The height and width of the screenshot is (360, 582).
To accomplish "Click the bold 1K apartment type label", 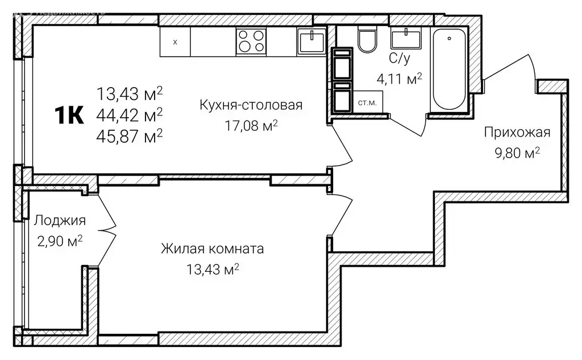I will point(69,115).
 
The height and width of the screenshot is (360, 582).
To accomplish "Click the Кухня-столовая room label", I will point(251,105).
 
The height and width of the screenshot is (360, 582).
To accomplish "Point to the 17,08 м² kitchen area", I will point(251,125).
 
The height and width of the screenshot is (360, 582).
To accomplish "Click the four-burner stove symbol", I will point(251,41).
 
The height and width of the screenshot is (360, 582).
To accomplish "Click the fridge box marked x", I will point(174,42).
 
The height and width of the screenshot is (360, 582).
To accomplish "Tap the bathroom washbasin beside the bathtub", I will point(406,38).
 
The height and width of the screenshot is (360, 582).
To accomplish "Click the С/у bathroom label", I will point(397,59).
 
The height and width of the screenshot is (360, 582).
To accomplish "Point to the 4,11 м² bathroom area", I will point(400,78).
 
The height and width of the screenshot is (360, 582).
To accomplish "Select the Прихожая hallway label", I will point(517,133).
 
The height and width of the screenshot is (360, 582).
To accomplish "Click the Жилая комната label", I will point(212,249).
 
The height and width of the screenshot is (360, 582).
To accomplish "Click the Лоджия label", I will point(60,221).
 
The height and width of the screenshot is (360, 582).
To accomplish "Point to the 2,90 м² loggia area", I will point(60,241).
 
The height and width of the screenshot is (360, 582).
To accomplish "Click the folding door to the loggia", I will point(106,230).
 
